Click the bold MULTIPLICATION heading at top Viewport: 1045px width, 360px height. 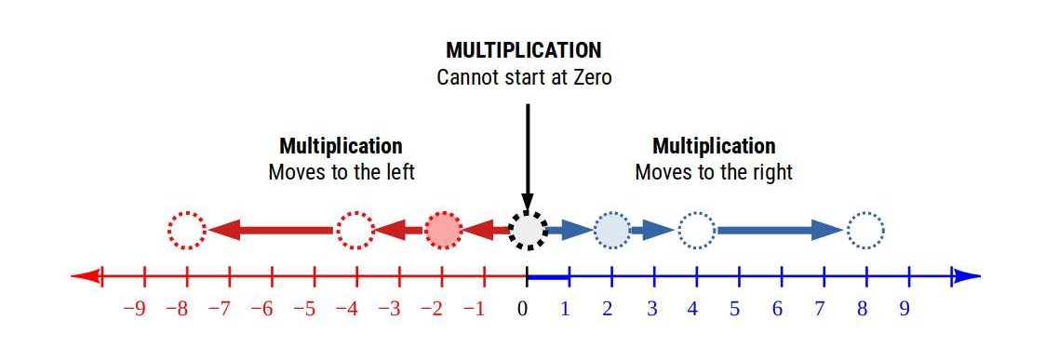tap(523, 50)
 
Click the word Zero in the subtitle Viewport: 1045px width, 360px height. tap(589, 77)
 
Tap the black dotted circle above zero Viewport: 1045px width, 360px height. tap(528, 230)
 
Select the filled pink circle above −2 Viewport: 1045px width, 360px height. tap(443, 230)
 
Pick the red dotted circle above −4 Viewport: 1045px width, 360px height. tap(355, 230)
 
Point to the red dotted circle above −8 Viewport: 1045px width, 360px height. tap(187, 230)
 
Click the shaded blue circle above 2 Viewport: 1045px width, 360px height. tap(611, 230)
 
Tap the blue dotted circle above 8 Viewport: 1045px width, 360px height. tap(865, 230)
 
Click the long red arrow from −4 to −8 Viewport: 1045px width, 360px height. tap(270, 230)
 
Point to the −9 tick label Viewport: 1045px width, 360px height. tap(134, 309)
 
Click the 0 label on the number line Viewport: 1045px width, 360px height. tap(523, 309)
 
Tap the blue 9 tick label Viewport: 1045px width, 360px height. tap(904, 309)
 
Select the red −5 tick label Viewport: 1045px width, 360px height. tap(304, 309)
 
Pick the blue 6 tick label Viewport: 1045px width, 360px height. tap(777, 309)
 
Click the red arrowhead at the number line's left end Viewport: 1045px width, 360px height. tap(86, 276)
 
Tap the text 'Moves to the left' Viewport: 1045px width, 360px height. tap(342, 173)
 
